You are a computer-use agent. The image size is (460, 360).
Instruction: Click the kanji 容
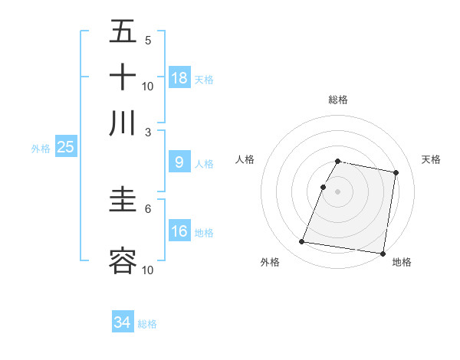(123, 261)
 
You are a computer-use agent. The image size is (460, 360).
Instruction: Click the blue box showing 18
(179, 77)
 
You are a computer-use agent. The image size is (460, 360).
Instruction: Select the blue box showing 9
(179, 162)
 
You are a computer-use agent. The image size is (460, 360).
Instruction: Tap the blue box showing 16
(179, 231)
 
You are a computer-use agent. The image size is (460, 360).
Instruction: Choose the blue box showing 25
(65, 147)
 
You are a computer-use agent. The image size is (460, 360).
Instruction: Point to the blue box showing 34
(123, 322)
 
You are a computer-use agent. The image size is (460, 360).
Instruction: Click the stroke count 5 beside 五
(148, 40)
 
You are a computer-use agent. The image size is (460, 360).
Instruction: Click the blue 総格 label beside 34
(147, 324)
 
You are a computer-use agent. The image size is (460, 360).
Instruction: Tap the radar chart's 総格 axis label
(337, 100)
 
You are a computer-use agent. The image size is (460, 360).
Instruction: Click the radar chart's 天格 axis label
(431, 159)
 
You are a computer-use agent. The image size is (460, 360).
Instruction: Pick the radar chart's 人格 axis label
(245, 159)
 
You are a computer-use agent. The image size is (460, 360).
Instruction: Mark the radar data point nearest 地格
(382, 253)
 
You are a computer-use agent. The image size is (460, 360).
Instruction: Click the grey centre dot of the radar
(337, 191)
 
